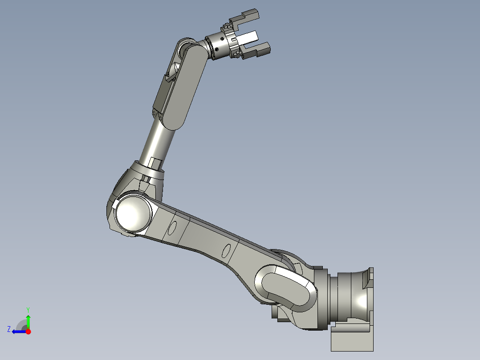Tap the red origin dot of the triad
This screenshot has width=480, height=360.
[28, 331]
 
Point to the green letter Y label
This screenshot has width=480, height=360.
[28, 309]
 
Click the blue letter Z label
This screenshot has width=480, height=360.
[9, 329]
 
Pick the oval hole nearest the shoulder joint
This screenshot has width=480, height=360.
[226, 252]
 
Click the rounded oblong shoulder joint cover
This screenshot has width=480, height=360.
[285, 287]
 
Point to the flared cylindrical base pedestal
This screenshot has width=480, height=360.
[354, 296]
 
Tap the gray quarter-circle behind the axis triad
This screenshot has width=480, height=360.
[21, 325]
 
